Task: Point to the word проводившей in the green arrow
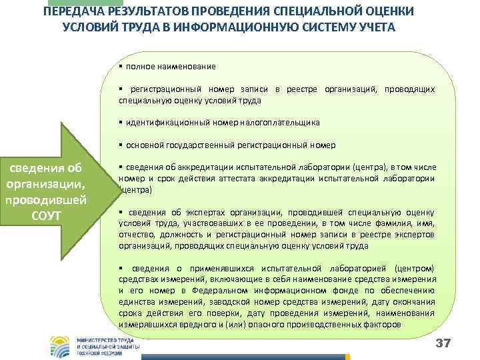coord(45,201)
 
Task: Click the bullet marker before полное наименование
coord(121,67)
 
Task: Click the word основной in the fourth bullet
coord(141,145)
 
